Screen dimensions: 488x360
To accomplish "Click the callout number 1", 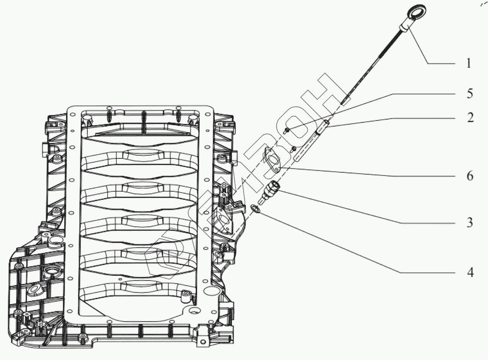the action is coord(469,63).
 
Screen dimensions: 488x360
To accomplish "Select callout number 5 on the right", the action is coord(469,94).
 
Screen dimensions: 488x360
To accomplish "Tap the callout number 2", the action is coord(470,118).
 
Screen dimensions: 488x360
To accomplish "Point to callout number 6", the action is coord(469,176).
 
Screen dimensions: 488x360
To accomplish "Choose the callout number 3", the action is coord(469,223).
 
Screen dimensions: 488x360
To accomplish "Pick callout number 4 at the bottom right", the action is coord(470,272).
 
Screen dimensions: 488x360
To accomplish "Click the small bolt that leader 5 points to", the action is coord(287,131).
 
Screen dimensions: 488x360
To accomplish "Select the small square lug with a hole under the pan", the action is coord(202,341).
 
